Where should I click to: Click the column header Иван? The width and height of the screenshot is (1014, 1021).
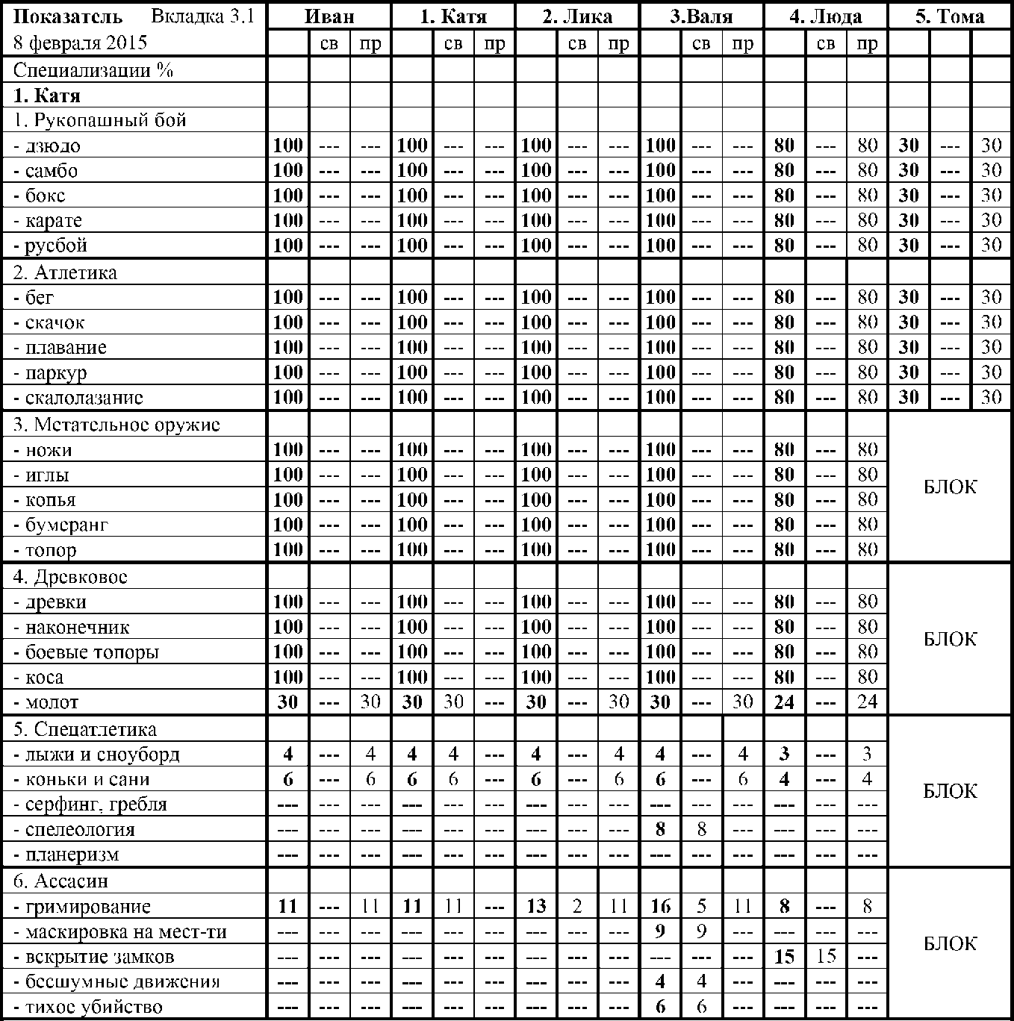coord(329,16)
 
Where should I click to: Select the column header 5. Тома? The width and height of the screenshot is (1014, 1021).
coord(950,16)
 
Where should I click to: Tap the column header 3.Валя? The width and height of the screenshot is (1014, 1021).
coord(701,16)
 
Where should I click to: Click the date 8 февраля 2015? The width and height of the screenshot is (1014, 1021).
coord(80,43)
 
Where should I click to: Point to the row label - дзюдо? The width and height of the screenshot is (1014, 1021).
coord(47,146)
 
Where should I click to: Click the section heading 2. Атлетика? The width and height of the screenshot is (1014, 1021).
coord(65,272)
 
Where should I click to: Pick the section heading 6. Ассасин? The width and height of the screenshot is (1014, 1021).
coord(60,881)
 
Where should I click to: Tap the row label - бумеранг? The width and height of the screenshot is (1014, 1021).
coord(61,525)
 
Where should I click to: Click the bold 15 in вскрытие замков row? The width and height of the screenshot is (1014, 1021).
coord(784,957)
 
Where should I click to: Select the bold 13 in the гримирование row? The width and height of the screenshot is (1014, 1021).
coord(535,907)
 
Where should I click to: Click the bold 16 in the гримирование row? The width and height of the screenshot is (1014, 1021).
coord(660,907)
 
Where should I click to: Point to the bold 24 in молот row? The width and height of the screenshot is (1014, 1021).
coord(784,702)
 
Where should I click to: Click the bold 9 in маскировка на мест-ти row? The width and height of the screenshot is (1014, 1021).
coord(660,931)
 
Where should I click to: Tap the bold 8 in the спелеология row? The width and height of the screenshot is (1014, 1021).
coord(660,829)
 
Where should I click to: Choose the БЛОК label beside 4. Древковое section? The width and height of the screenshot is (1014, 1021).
coord(950,640)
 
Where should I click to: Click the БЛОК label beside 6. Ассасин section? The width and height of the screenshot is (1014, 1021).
coord(950,944)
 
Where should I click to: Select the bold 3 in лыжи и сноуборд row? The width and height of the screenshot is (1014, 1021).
coord(784,754)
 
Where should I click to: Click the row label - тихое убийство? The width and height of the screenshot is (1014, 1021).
coord(87,1007)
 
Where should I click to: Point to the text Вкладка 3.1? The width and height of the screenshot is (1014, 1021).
coord(202,16)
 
